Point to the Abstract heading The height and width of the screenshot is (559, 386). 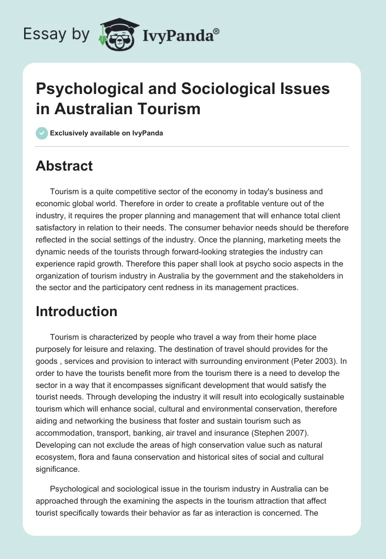[x=64, y=166]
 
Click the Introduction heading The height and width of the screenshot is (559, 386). [x=76, y=311]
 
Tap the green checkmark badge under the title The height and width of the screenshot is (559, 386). [x=42, y=133]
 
